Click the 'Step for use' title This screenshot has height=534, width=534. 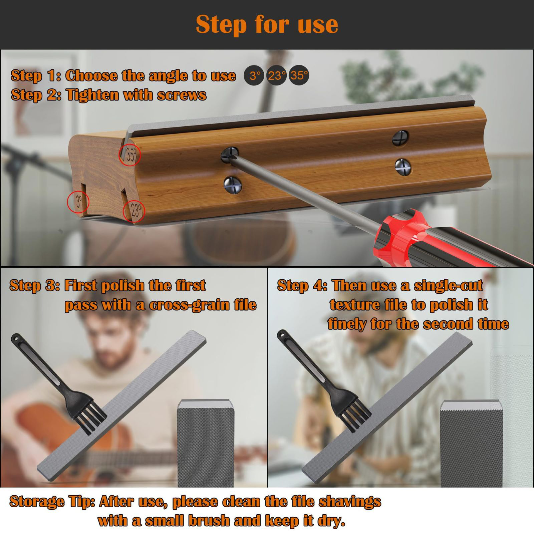tap(267, 24)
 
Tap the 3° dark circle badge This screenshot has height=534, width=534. tap(255, 76)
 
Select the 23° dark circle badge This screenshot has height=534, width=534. tap(276, 76)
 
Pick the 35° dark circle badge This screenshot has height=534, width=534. tap(299, 75)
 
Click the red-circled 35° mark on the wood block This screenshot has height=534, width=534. tap(130, 155)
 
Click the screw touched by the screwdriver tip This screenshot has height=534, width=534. tap(230, 155)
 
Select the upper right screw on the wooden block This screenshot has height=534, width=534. tap(400, 137)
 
